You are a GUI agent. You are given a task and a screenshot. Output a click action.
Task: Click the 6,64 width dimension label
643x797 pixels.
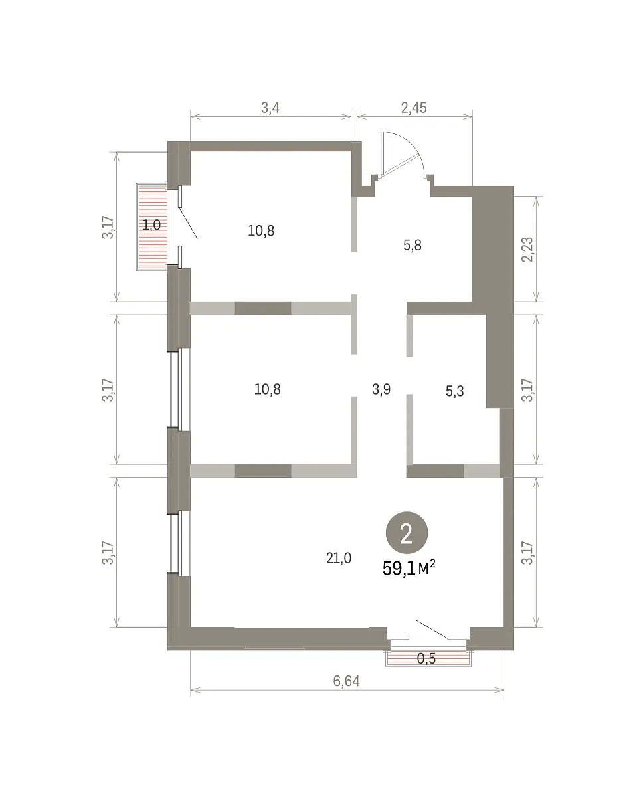(x=346, y=681)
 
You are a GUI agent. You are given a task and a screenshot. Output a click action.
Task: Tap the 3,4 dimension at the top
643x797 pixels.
(x=270, y=108)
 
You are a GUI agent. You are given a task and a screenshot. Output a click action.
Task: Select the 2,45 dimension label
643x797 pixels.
(x=414, y=108)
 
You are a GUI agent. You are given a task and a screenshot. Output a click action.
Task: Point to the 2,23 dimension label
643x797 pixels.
(x=527, y=250)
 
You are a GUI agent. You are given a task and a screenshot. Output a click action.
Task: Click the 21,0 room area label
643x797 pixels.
(x=339, y=558)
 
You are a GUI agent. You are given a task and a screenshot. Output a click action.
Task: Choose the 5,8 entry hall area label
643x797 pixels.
(x=413, y=245)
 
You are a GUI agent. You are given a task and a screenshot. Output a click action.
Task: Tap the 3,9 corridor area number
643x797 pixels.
(x=381, y=389)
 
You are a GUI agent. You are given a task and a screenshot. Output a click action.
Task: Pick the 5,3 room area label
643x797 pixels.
(x=455, y=391)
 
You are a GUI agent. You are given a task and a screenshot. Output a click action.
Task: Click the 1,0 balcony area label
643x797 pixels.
(x=152, y=224)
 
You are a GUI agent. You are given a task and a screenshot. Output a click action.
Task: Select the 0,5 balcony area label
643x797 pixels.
(x=426, y=658)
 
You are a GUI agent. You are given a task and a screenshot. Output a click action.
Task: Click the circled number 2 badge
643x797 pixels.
(x=407, y=533)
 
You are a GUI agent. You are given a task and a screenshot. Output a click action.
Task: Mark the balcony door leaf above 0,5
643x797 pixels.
(x=432, y=629)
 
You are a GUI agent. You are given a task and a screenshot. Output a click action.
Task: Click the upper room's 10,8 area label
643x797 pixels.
(x=261, y=230)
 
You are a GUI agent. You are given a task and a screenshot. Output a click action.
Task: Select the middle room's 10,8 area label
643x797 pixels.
(x=268, y=389)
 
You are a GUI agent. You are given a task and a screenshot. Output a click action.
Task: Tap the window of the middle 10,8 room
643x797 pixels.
(x=179, y=389)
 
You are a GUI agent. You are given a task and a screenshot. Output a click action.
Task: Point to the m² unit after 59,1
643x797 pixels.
(x=426, y=568)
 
